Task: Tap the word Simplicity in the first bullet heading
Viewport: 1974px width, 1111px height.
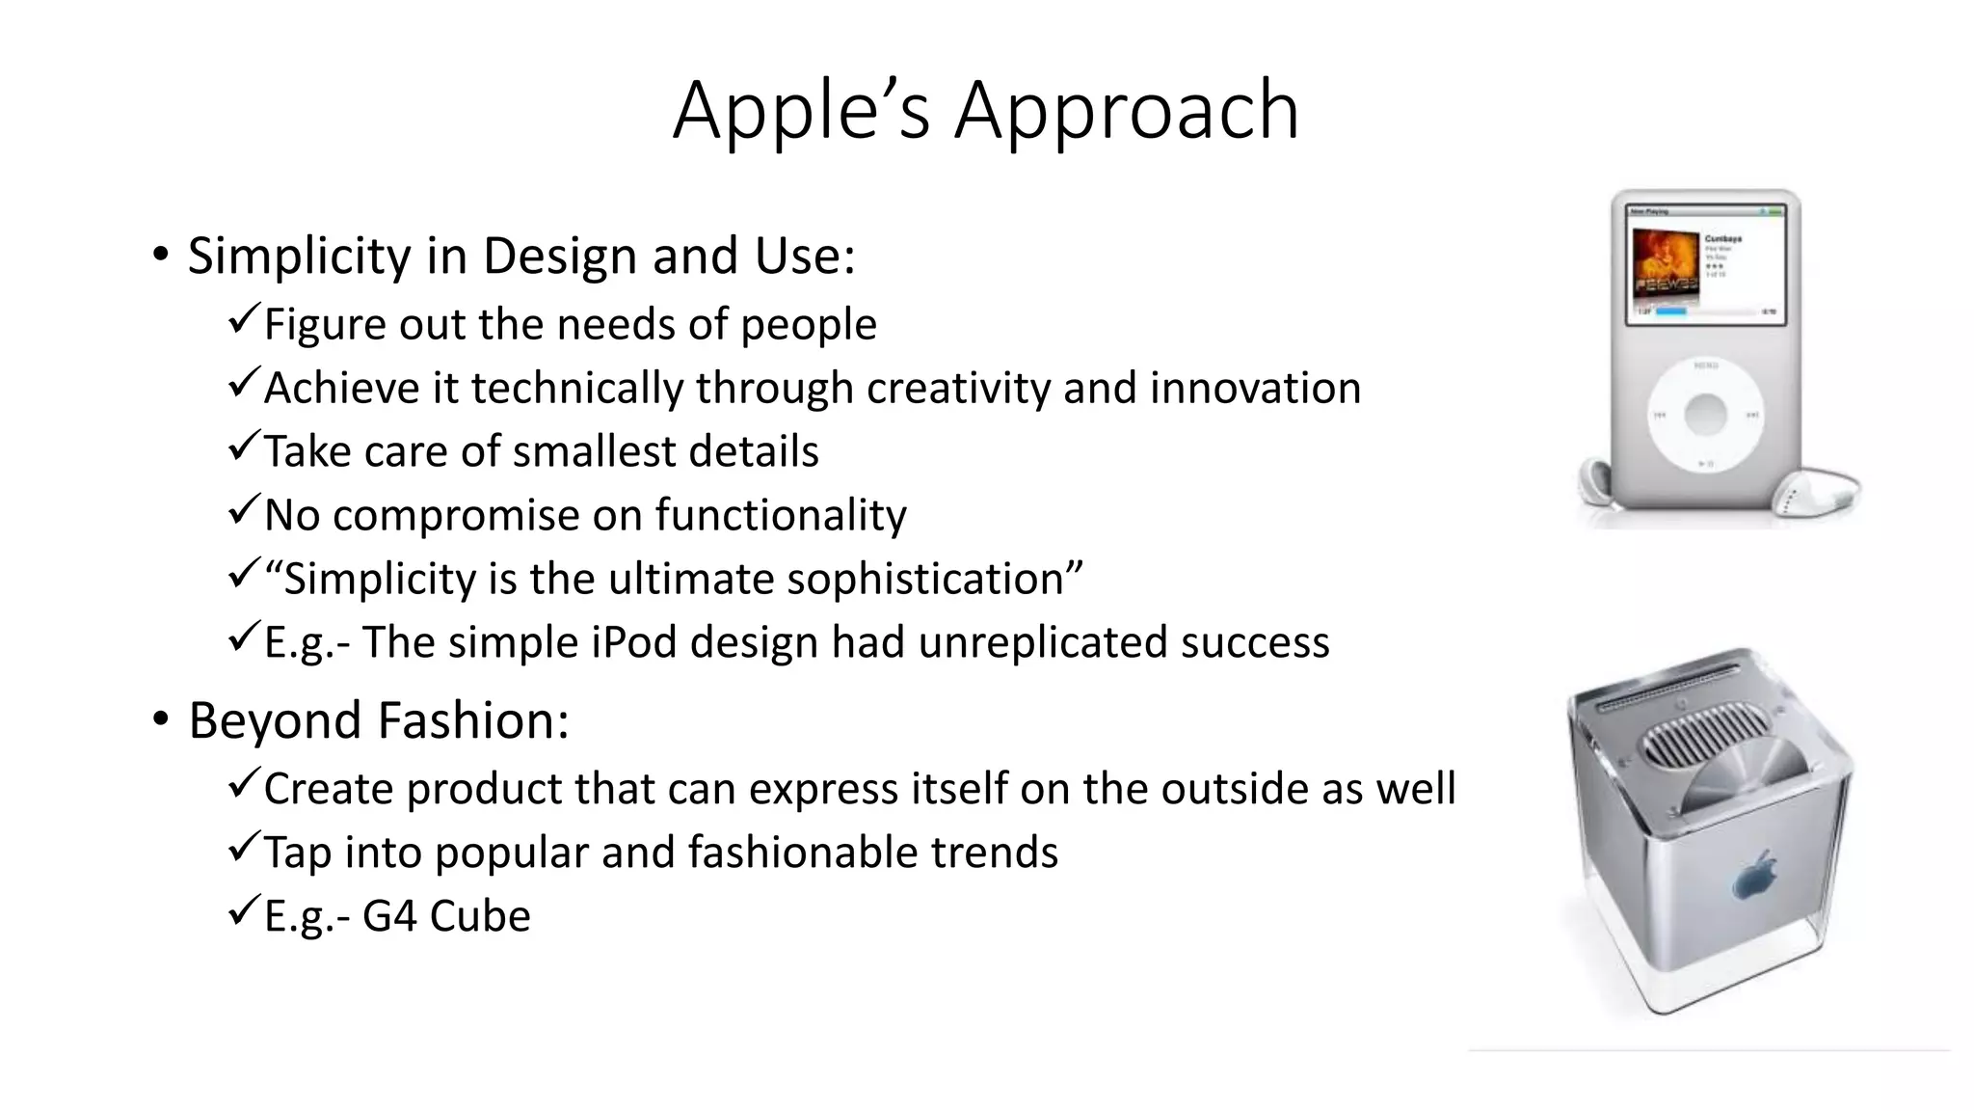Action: [299, 257]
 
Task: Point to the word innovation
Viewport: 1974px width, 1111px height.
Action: [1255, 389]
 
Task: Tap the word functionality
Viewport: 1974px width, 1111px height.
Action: [781, 516]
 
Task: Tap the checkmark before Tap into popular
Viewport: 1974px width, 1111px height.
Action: [245, 847]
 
